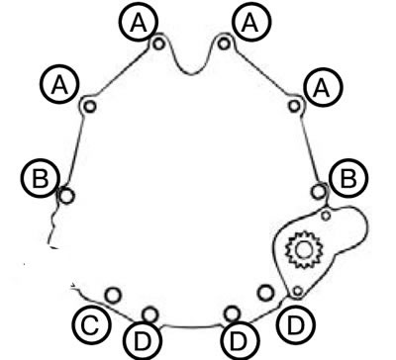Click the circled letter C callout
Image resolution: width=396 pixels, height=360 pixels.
(x=91, y=326)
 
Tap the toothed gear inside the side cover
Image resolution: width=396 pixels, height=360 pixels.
(x=303, y=250)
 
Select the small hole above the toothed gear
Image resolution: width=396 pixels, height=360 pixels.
(x=326, y=216)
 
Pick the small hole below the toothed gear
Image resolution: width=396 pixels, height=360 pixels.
(x=298, y=291)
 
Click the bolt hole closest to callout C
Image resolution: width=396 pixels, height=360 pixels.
(x=113, y=295)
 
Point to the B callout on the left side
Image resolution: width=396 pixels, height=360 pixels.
(x=41, y=178)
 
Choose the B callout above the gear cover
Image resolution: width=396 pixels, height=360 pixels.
(x=348, y=178)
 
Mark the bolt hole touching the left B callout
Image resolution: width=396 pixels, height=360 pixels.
(x=66, y=196)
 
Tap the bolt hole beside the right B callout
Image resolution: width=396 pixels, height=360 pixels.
(x=319, y=192)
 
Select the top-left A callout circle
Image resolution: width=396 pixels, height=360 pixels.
(x=139, y=23)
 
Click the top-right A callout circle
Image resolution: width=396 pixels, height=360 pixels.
(x=250, y=23)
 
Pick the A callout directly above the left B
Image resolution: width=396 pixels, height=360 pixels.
(x=60, y=85)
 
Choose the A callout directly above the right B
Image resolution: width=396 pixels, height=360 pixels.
(x=323, y=88)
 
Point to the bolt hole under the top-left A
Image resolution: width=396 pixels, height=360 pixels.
(x=159, y=44)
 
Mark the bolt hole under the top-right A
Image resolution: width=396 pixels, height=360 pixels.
(x=224, y=44)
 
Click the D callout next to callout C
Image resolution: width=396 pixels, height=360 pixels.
(x=143, y=340)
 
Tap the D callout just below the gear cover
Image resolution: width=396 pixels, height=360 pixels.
(x=296, y=325)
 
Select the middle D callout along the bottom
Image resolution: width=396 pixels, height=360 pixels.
(x=239, y=340)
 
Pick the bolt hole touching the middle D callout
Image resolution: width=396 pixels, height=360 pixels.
(x=232, y=314)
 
